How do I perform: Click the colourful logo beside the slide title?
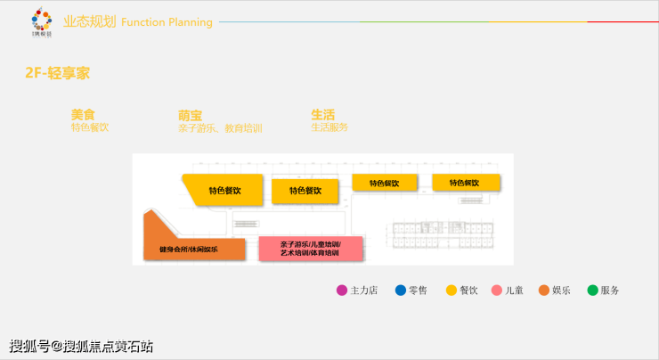click(x=41, y=20)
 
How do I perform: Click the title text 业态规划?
click(x=90, y=21)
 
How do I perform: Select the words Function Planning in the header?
click(x=167, y=22)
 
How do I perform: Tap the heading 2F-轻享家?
click(x=57, y=73)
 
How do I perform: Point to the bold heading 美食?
click(x=83, y=114)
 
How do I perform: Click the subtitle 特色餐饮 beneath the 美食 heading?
click(x=90, y=127)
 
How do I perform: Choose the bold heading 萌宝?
click(x=190, y=115)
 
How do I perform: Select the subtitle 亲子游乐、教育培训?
click(x=220, y=128)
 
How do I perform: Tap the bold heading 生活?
click(x=322, y=114)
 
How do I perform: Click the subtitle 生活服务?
click(x=329, y=127)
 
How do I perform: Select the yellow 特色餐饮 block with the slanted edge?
click(x=224, y=190)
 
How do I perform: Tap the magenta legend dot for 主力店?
click(x=342, y=290)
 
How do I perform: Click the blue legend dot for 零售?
click(x=401, y=290)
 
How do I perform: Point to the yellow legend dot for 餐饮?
click(x=452, y=290)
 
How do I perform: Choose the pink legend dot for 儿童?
click(x=497, y=290)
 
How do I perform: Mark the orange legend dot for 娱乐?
click(x=544, y=290)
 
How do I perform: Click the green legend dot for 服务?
click(x=592, y=290)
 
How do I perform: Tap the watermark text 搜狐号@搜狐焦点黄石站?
click(x=81, y=346)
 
